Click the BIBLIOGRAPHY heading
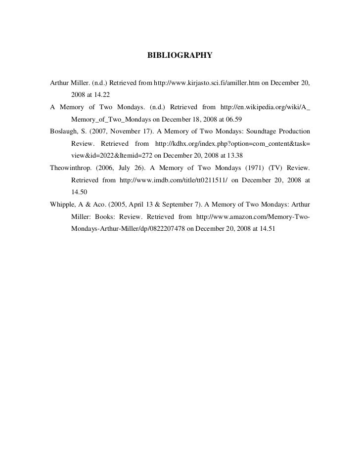pyautogui.click(x=180, y=56)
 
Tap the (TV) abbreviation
pyautogui.click(x=270, y=168)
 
